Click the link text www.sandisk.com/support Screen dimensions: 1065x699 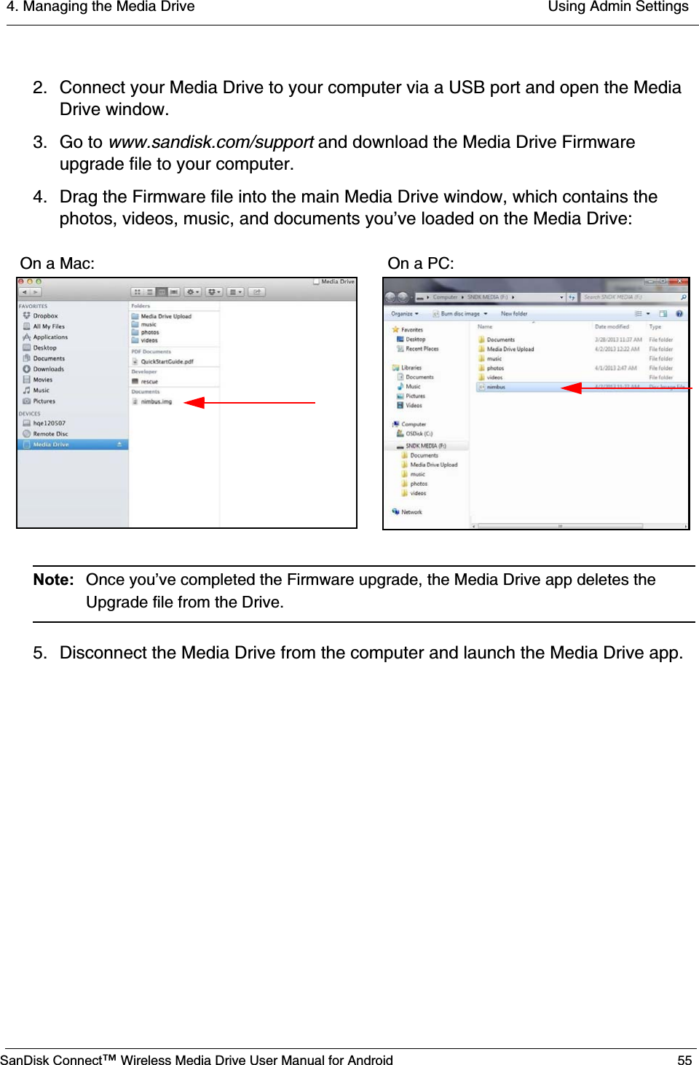coord(210,142)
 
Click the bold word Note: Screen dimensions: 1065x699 coord(53,580)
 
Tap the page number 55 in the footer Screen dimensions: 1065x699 coord(684,1060)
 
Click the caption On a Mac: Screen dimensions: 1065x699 coord(58,264)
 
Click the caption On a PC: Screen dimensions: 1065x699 coord(421,264)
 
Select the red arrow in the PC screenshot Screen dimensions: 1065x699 coord(626,388)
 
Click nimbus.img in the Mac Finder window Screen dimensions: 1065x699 coord(156,401)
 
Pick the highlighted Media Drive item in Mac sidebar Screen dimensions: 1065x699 coord(51,444)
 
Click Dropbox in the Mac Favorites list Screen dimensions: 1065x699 coord(45,316)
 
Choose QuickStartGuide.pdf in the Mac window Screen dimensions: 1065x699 coord(167,361)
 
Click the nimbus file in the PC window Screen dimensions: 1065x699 coord(496,388)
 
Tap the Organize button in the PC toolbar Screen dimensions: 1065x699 coord(404,314)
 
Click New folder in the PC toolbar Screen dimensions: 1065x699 coord(514,314)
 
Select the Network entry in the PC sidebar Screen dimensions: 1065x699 coord(411,512)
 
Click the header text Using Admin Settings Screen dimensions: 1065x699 coord(617,7)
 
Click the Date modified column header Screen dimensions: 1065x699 coord(612,327)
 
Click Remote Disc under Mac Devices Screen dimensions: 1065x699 coord(50,434)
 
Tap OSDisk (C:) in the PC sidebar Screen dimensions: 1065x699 coord(419,433)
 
